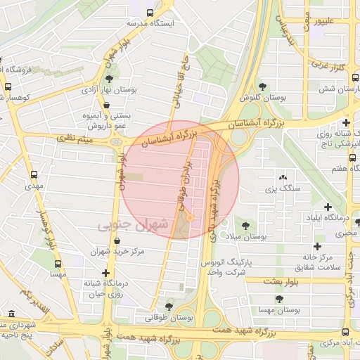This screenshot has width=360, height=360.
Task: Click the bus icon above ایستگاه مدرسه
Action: pos(150,12)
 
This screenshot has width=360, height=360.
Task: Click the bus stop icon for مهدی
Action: pos(33,175)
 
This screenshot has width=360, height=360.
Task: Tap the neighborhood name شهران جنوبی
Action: pos(134,226)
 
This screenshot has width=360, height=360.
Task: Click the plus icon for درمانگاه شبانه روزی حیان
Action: pos(105,273)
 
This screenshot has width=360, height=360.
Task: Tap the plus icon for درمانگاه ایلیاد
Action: pos(328,207)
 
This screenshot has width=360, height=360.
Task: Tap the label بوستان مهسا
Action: pos(276,309)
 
